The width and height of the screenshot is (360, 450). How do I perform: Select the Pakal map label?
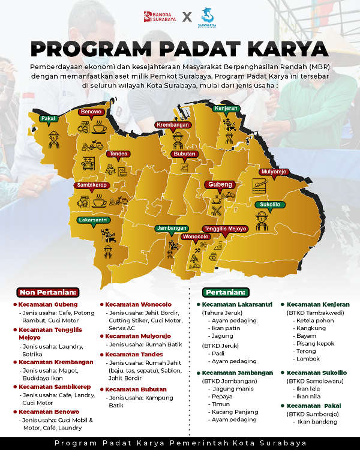(49, 118)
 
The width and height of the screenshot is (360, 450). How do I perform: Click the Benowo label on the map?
(91, 112)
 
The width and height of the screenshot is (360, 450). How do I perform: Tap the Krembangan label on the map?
(173, 125)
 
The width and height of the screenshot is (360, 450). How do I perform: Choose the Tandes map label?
(118, 154)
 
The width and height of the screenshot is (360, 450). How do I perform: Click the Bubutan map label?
(184, 154)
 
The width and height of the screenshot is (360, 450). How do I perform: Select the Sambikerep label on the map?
(91, 185)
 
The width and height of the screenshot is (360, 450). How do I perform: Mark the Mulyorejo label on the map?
(274, 172)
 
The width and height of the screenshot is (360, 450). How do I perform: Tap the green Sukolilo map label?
(269, 205)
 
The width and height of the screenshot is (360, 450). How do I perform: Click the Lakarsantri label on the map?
(94, 220)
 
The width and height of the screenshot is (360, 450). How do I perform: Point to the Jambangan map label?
(172, 228)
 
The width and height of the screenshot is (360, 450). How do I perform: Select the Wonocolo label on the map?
(196, 236)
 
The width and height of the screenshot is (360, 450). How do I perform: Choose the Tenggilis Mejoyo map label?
(225, 229)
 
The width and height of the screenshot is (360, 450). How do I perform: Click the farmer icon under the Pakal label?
(54, 136)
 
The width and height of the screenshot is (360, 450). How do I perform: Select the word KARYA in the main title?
(280, 48)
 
